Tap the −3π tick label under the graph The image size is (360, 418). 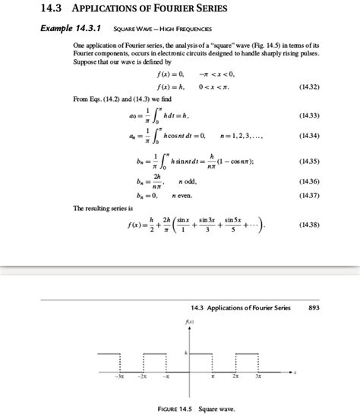[118, 376]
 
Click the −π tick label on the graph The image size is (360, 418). [166, 376]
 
